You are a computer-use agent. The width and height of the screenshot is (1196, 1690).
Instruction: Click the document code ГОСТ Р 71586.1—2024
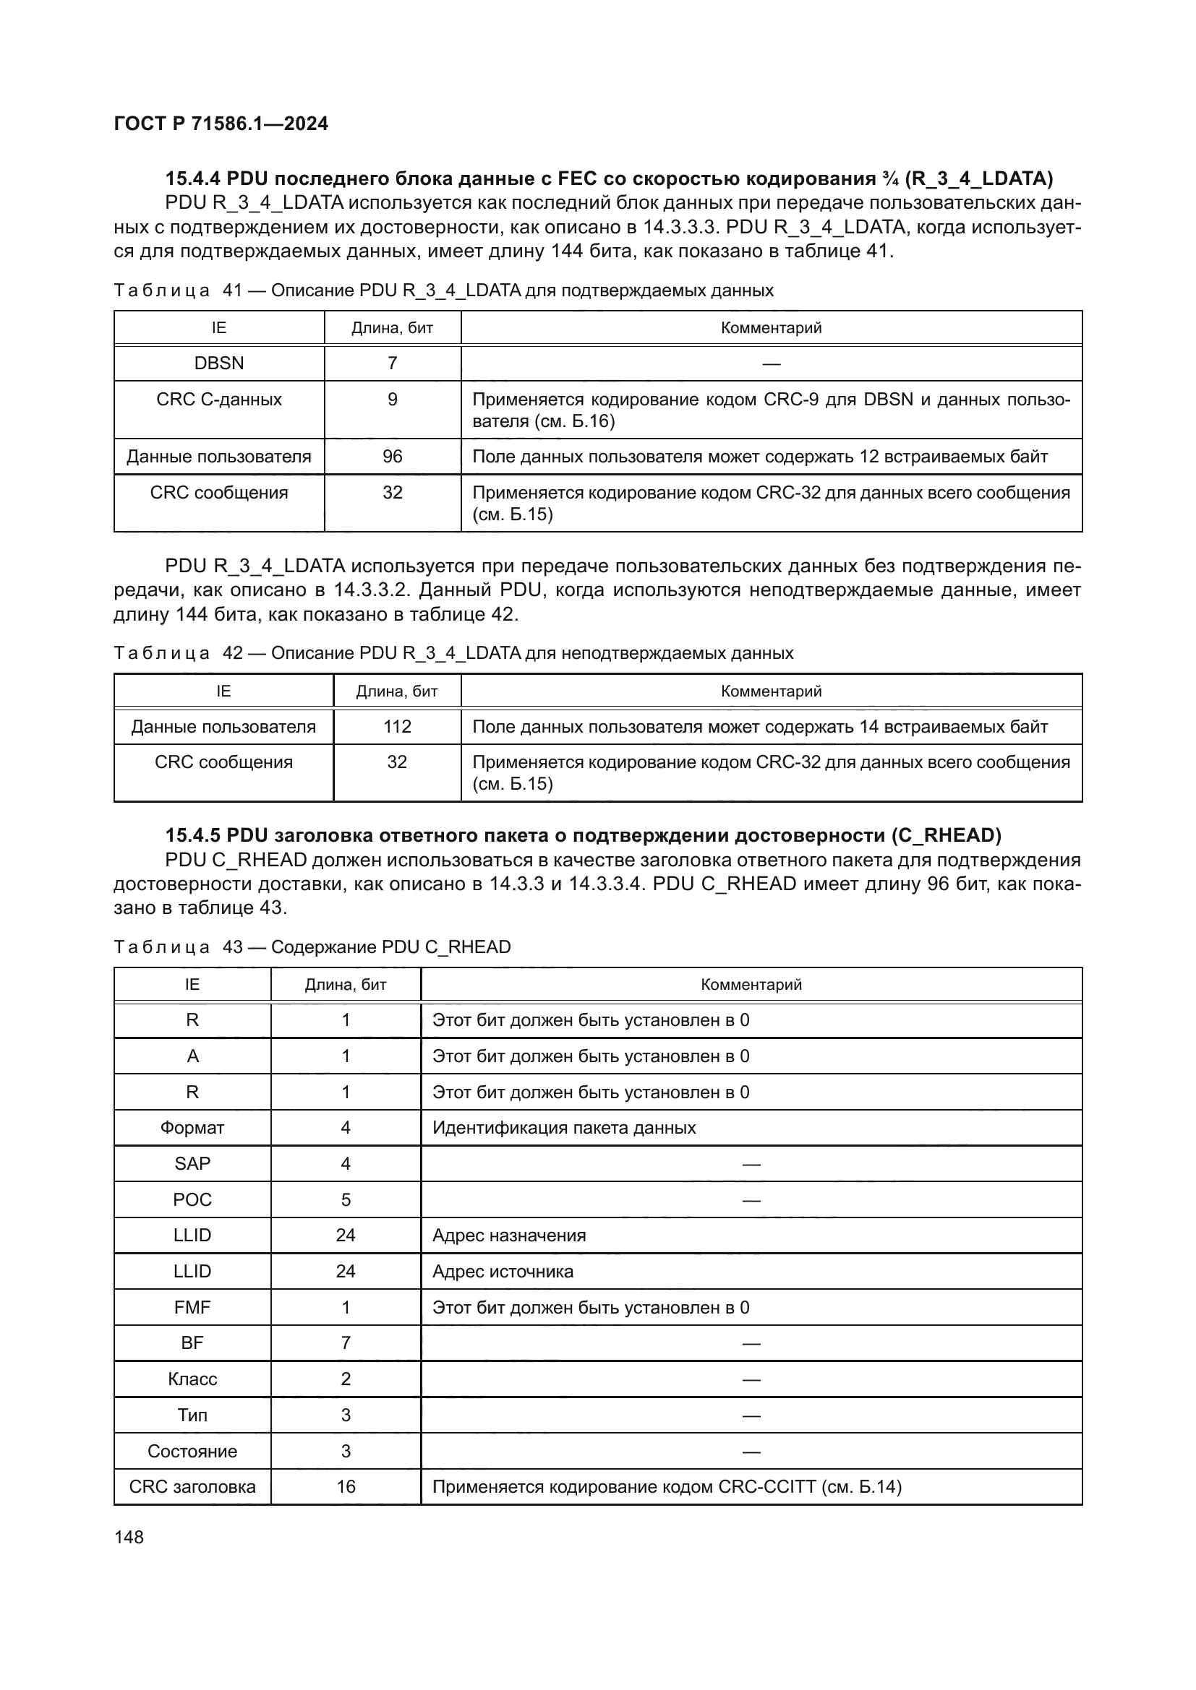pyautogui.click(x=221, y=124)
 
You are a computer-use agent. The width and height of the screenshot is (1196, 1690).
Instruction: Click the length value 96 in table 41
pyautogui.click(x=392, y=457)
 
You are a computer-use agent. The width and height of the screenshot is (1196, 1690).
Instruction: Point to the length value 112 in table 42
pyautogui.click(x=397, y=726)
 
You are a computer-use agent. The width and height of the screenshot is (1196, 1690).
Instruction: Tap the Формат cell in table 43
pyautogui.click(x=192, y=1128)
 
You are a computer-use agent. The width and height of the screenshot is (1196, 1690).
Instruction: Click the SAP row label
pyautogui.click(x=192, y=1164)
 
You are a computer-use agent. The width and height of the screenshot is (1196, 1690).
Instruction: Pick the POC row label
pyautogui.click(x=192, y=1200)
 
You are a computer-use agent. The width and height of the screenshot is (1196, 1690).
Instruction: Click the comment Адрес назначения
pyautogui.click(x=509, y=1236)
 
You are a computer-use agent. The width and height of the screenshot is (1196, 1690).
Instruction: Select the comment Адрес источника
pyautogui.click(x=503, y=1272)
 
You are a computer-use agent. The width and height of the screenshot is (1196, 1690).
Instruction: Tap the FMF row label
pyautogui.click(x=192, y=1308)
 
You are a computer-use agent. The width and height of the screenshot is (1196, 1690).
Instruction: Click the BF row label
pyautogui.click(x=192, y=1343)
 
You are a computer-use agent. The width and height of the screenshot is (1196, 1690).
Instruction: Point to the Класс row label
pyautogui.click(x=192, y=1379)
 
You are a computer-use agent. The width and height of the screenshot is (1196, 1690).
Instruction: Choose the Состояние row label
pyautogui.click(x=192, y=1452)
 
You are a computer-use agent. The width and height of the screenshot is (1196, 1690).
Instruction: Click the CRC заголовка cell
pyautogui.click(x=192, y=1487)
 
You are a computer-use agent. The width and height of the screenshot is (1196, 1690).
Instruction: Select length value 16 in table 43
pyautogui.click(x=346, y=1487)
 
